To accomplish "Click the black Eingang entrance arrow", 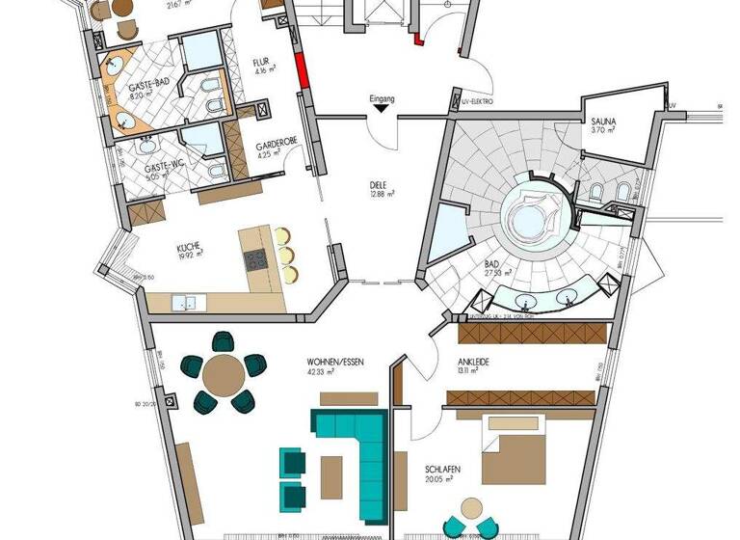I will [x=383, y=110].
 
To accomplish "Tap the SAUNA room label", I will [x=603, y=122].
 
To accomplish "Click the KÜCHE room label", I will [x=188, y=248].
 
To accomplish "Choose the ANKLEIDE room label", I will [x=474, y=361].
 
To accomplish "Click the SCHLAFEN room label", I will [x=442, y=471].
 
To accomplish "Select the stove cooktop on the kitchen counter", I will [x=255, y=260].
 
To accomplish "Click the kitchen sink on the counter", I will [x=186, y=304].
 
